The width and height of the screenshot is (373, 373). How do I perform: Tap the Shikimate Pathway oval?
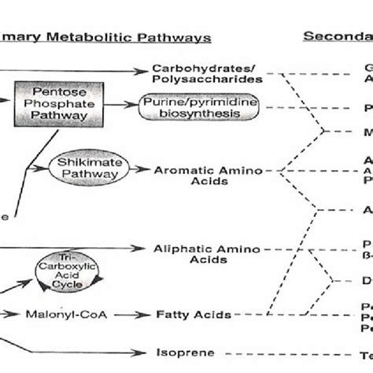81,168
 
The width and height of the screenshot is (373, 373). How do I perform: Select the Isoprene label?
192,353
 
